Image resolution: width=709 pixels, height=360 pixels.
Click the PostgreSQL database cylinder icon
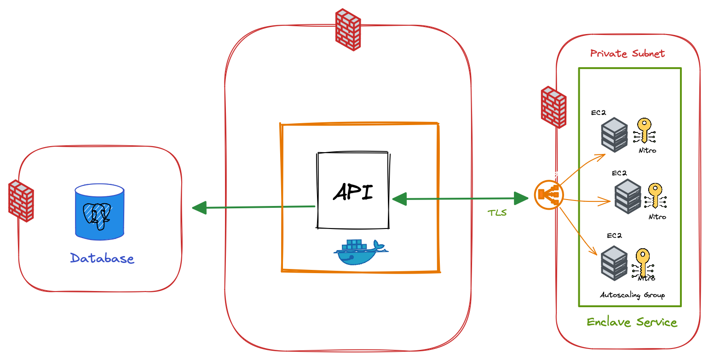pos(99,211)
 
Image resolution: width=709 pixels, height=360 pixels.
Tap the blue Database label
pos(102,258)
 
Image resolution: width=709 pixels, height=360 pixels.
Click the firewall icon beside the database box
pos(21,201)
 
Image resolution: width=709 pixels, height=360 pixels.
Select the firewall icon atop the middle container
pos(348,29)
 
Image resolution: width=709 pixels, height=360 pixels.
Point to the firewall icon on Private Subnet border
pos(553,107)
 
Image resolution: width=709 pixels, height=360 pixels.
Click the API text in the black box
pos(353,192)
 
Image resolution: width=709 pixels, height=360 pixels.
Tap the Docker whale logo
pos(360,252)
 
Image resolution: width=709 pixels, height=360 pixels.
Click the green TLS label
pos(497,213)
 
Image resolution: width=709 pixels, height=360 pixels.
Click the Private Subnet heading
pos(627,54)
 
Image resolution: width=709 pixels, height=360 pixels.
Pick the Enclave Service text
pos(632,322)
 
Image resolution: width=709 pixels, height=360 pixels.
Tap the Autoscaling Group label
pos(632,295)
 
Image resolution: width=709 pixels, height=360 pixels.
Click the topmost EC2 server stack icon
pos(614,134)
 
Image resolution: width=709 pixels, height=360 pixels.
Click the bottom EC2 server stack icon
pos(614,263)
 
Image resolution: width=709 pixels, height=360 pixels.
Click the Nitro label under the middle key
pos(657,217)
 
